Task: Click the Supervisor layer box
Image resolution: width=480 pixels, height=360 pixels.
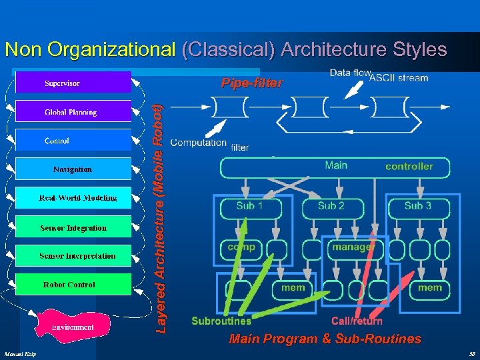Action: [x=73, y=83]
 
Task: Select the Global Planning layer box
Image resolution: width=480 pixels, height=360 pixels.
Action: [x=73, y=111]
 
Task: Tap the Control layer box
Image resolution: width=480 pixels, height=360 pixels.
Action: [x=73, y=140]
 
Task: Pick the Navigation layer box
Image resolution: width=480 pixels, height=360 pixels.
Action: [x=73, y=169]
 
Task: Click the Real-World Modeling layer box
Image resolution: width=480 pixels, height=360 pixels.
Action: [x=73, y=198]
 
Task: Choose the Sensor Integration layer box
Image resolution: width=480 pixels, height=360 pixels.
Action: [x=73, y=227]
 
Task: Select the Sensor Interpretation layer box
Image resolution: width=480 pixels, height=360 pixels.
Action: [x=73, y=256]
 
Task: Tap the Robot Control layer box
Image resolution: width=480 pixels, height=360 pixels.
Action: [x=73, y=285]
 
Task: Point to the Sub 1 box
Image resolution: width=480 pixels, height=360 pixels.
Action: [x=249, y=207]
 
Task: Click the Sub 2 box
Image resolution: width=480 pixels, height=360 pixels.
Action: [x=331, y=207]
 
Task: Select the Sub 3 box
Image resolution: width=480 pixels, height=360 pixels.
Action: [x=417, y=207]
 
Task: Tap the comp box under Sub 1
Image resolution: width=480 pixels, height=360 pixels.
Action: [x=241, y=247]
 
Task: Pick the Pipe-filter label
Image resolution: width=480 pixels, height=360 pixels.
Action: [x=252, y=84]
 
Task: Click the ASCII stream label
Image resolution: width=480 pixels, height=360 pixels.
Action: [x=399, y=78]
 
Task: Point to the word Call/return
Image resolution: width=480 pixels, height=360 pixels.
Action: [x=357, y=321]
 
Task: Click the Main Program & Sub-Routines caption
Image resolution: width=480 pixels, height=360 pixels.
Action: [x=325, y=339]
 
